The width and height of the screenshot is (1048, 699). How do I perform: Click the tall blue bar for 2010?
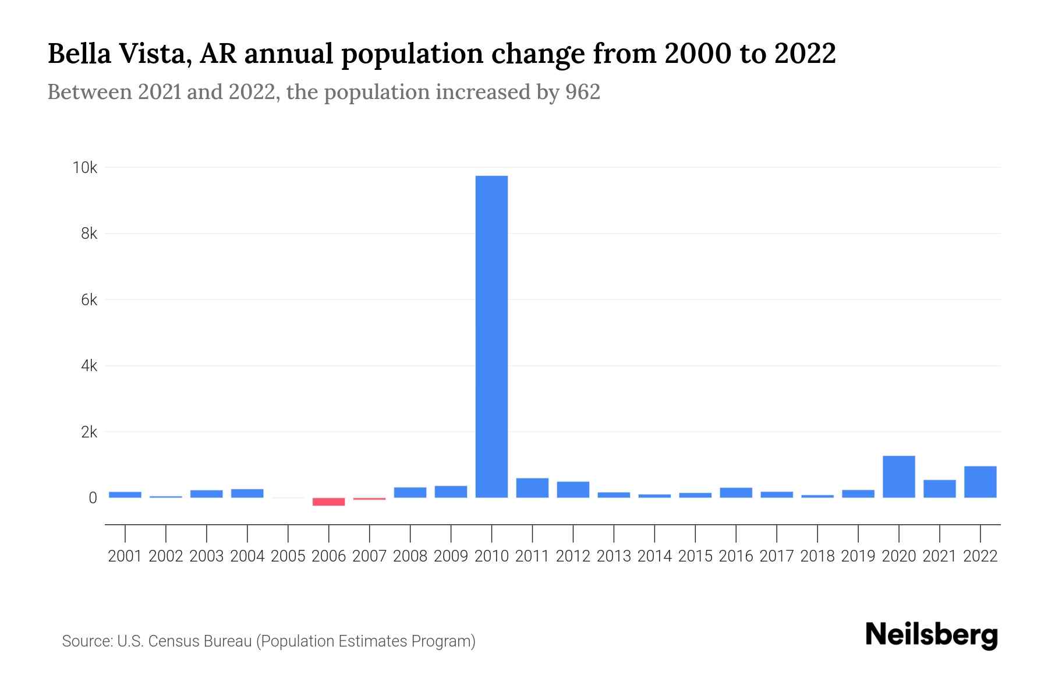491,337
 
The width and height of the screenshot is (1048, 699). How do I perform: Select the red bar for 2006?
328,502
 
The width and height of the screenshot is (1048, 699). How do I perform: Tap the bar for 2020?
898,476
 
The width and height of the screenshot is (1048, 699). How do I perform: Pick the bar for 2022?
980,482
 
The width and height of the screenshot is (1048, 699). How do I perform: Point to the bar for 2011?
532,488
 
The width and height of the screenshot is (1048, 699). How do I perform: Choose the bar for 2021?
939,489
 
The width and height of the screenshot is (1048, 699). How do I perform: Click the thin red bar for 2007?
369,499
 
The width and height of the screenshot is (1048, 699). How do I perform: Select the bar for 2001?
125,495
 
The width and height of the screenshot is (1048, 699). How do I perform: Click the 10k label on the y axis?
84,168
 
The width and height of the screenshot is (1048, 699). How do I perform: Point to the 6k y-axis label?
88,300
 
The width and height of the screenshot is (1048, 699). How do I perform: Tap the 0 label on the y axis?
93,498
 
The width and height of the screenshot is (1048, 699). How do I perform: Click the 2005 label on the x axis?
288,556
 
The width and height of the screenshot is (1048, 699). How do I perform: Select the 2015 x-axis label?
695,556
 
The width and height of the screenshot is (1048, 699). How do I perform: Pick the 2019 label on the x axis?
858,556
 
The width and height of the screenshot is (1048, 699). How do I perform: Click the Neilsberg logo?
932,636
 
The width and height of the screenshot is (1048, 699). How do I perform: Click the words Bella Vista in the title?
119,54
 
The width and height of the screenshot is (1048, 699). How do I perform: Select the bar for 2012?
573,489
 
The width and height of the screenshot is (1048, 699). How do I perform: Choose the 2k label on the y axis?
88,432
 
